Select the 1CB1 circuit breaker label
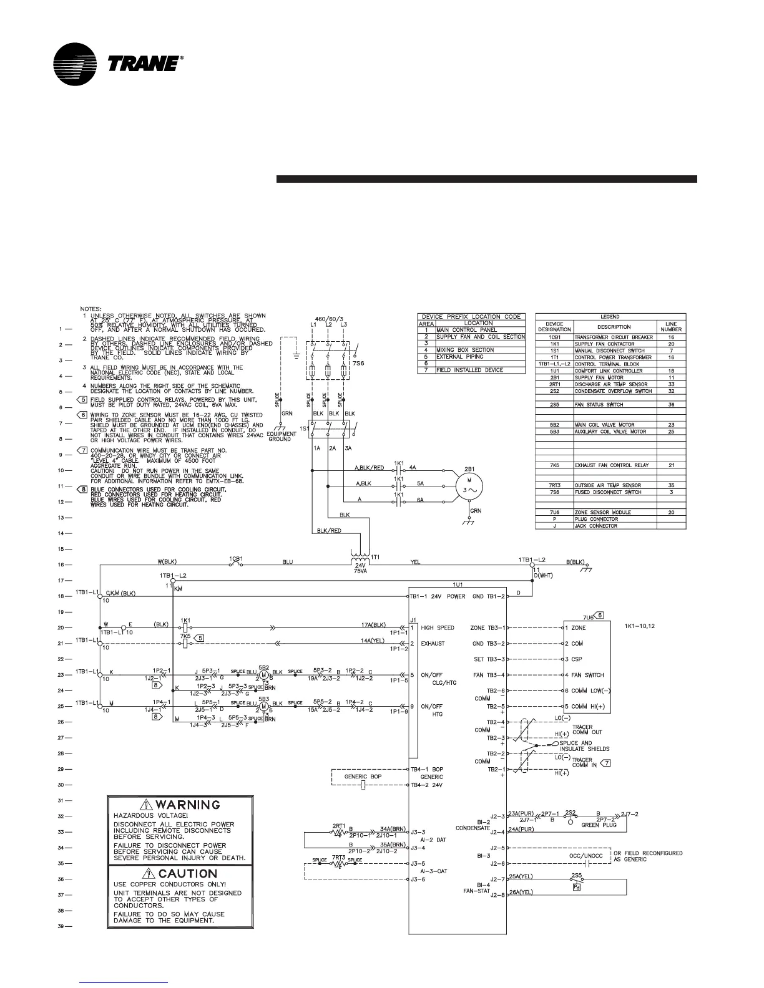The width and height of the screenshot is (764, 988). (236, 557)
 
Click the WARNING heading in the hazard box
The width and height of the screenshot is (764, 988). (188, 805)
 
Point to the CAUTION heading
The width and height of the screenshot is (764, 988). (188, 874)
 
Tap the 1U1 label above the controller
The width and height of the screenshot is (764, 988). (457, 585)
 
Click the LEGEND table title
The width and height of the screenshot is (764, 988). (610, 317)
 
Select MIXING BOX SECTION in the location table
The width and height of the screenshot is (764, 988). (465, 350)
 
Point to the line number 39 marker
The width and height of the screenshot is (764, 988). (61, 927)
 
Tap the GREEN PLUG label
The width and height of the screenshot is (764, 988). (581, 825)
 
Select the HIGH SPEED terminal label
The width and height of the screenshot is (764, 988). (438, 627)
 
